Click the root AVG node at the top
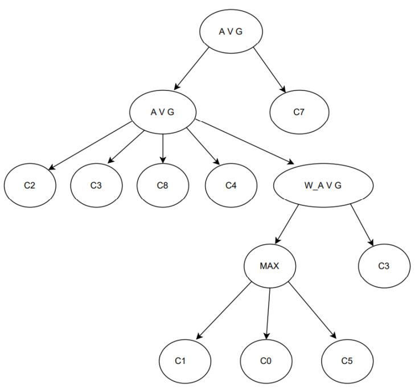(x=230, y=31)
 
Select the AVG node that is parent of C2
(x=162, y=112)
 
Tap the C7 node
(x=299, y=112)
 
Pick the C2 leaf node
(x=30, y=186)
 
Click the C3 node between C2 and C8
(x=97, y=186)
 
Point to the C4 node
(x=230, y=186)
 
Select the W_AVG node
(x=323, y=186)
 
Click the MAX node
(x=269, y=266)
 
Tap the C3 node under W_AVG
(x=384, y=266)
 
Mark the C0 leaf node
(x=265, y=361)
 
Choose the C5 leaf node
(x=347, y=361)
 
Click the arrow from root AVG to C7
(x=269, y=69)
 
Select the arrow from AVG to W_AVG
(x=245, y=142)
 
